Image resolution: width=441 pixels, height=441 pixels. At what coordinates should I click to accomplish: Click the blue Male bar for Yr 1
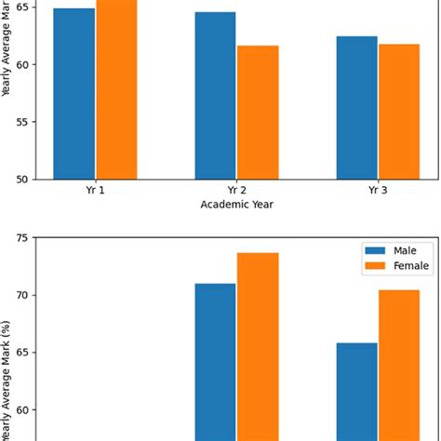click(74, 93)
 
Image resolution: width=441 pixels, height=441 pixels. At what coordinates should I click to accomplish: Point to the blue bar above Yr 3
click(357, 107)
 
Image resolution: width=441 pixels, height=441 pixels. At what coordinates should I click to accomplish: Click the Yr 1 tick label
click(95, 191)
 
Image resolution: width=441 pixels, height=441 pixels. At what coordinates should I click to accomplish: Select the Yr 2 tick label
click(236, 191)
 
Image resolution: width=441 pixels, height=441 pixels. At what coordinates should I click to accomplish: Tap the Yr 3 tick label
click(378, 191)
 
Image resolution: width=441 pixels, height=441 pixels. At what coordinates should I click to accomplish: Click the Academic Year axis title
click(236, 205)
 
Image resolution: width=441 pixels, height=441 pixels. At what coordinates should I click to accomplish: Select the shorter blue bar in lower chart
click(357, 391)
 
